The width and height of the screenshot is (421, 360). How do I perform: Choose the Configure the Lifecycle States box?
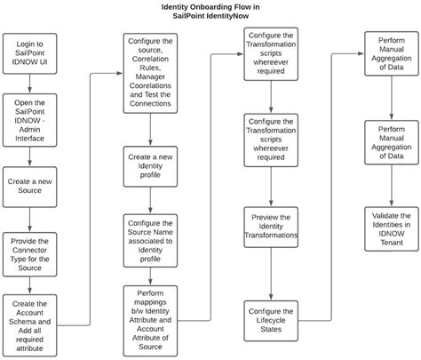pos(270,320)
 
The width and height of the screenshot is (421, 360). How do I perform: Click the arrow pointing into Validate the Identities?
pos(391,193)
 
